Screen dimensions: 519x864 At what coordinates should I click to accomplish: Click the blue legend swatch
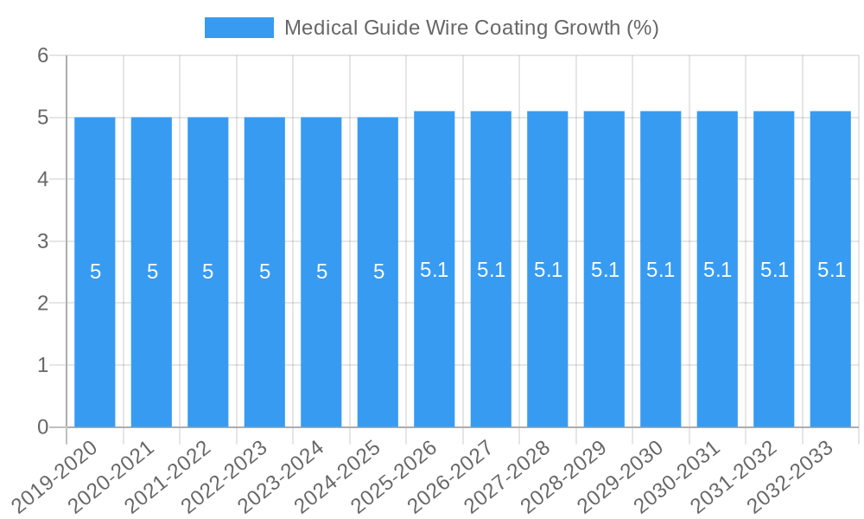click(x=238, y=28)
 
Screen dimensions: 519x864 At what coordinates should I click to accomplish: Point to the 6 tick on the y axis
click(x=42, y=55)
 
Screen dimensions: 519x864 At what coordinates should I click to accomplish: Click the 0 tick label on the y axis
click(x=42, y=427)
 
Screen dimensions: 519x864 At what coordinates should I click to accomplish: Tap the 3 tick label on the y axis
click(x=42, y=241)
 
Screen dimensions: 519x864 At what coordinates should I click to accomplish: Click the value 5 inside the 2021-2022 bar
click(x=208, y=272)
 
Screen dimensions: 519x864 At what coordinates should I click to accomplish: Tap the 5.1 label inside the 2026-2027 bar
click(x=491, y=270)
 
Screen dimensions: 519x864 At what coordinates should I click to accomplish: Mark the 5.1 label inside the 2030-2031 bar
click(x=717, y=270)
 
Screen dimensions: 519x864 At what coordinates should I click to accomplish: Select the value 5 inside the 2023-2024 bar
click(x=321, y=272)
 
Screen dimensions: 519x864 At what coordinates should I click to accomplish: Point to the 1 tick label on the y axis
click(x=42, y=365)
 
